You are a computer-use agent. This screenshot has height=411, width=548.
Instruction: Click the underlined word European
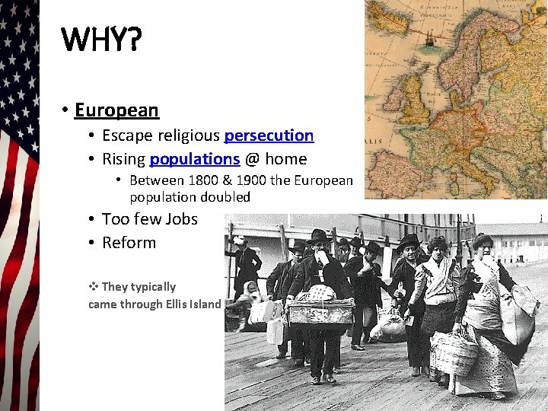[x=116, y=110]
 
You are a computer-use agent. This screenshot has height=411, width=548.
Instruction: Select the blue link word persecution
[x=269, y=135]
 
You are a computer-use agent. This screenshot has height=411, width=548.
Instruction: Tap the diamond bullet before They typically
[x=94, y=287]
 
